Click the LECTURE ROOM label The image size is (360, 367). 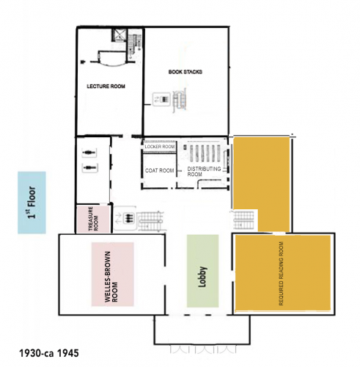coord(106,87)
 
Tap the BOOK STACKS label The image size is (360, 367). coord(185,72)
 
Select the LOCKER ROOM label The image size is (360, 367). coord(160,147)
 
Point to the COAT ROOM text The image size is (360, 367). coord(160,170)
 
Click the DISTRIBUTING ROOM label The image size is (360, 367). coord(204,172)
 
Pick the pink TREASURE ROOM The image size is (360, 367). coord(93,219)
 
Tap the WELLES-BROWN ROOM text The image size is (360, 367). coord(111,277)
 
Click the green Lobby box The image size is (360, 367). coord(202,271)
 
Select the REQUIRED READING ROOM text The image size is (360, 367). coord(281,274)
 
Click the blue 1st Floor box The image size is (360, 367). coord(32,203)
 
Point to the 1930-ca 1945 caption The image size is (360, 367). coord(49,353)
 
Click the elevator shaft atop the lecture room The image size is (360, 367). coord(120,35)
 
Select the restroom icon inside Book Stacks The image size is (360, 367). coord(161,99)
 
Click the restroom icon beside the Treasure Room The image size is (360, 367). coord(125,218)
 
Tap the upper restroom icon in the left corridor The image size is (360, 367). coord(89,153)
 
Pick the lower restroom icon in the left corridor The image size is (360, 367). coord(89,167)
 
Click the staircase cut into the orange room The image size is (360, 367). coord(243,220)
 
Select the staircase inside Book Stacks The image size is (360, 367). coord(180,101)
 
